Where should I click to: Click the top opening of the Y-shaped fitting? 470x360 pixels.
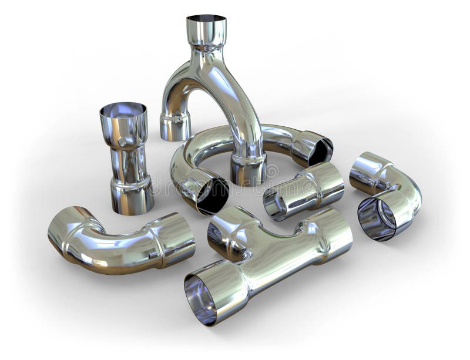coord(206,19)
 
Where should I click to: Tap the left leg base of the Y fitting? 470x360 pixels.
coord(175,126)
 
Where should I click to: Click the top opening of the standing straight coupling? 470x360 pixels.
coord(123,110)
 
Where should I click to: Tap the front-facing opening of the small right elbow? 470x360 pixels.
coord(377,217)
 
